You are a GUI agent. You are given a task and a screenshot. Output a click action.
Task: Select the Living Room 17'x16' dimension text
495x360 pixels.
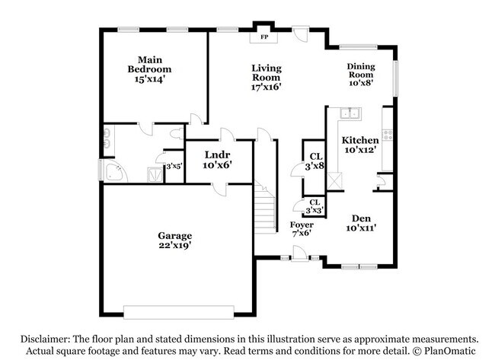tap(267, 87)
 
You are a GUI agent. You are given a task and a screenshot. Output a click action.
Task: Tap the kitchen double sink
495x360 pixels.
tap(350, 114)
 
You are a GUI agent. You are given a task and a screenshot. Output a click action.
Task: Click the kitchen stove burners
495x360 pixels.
tap(387, 135)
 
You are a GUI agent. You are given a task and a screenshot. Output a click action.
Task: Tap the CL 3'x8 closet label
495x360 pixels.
tap(314, 161)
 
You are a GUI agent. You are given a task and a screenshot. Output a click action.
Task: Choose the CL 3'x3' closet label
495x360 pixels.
tap(314, 205)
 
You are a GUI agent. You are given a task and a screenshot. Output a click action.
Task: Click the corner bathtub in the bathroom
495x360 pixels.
tap(115, 172)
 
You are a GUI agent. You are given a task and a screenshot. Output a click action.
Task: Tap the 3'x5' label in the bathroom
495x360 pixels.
tap(174, 165)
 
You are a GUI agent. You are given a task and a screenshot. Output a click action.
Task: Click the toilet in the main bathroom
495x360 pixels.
tap(176, 134)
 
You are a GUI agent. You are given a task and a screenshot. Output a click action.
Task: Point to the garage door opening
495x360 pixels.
tap(179, 312)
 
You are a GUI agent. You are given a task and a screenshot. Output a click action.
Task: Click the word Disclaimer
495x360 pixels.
tap(47, 339)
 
